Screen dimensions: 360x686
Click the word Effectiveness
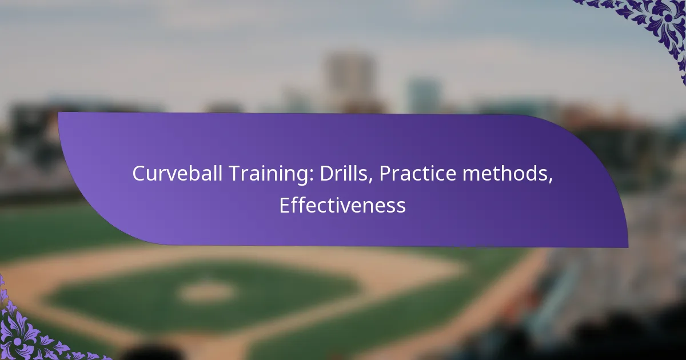coord(342,206)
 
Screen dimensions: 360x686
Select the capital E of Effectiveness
coord(284,206)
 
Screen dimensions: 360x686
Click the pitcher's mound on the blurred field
coord(206,292)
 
